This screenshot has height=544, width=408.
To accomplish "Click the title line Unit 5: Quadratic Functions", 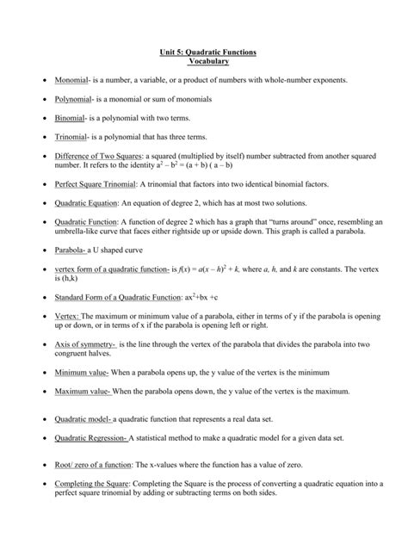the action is [x=203, y=53].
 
